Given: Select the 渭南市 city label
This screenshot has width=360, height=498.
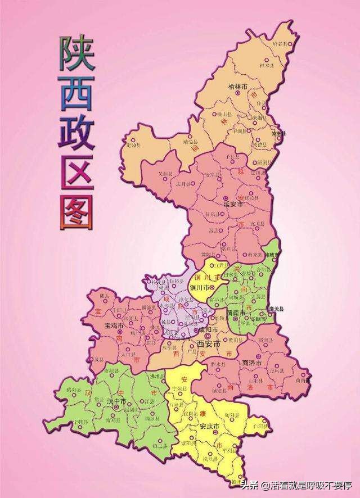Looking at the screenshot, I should click(235, 313).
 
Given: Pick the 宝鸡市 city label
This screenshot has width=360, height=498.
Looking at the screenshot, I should click(115, 325).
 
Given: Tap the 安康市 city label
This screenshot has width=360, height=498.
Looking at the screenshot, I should click(210, 425).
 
